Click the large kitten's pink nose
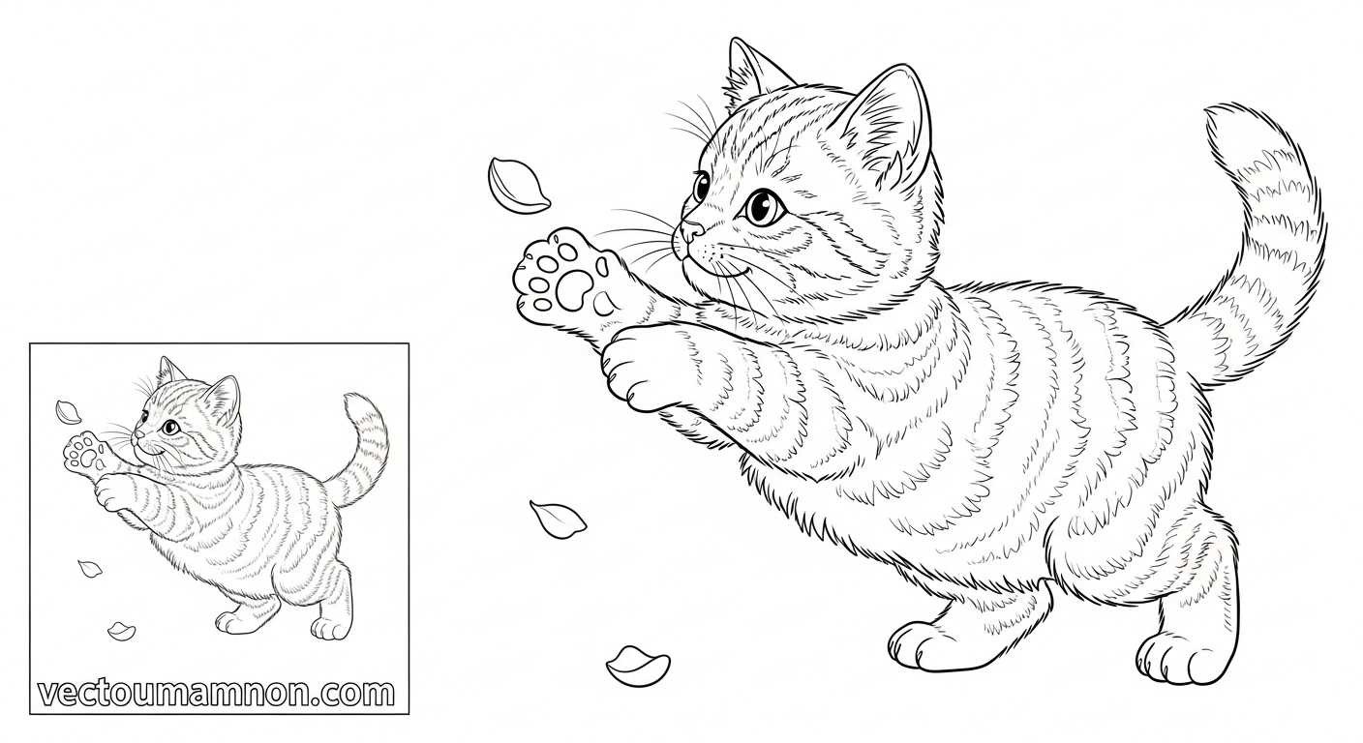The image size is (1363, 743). pos(690,230)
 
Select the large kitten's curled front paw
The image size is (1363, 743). pos(639,364)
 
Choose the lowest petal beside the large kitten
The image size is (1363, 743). pos(637,666)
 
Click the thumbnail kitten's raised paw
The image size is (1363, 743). pos(85,453)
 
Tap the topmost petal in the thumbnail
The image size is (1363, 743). pos(68,411)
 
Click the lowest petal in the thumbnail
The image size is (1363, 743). pos(121,631)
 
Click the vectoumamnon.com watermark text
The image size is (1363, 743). pos(216,693)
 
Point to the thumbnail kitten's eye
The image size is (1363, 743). pos(168,427)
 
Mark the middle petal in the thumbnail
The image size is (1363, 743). pos(89,569)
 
